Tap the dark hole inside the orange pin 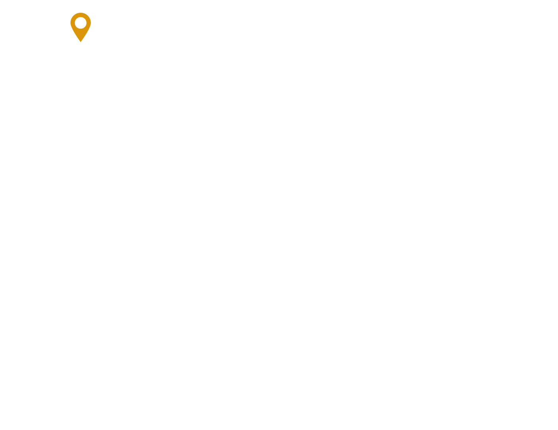click(81, 23)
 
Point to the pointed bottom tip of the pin click(81, 41)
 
